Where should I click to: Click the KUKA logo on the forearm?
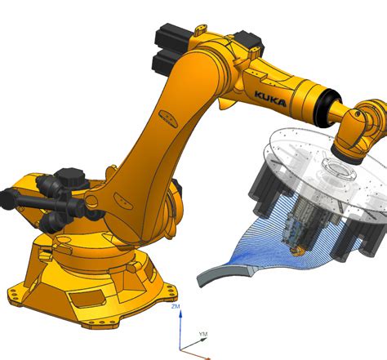(270, 100)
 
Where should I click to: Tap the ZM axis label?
(176, 306)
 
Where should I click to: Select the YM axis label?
(203, 334)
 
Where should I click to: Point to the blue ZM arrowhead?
(180, 314)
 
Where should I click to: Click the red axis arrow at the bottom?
(195, 355)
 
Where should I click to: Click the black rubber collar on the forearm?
(325, 108)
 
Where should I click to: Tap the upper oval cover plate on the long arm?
(168, 119)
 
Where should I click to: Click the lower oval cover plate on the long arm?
(123, 201)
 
